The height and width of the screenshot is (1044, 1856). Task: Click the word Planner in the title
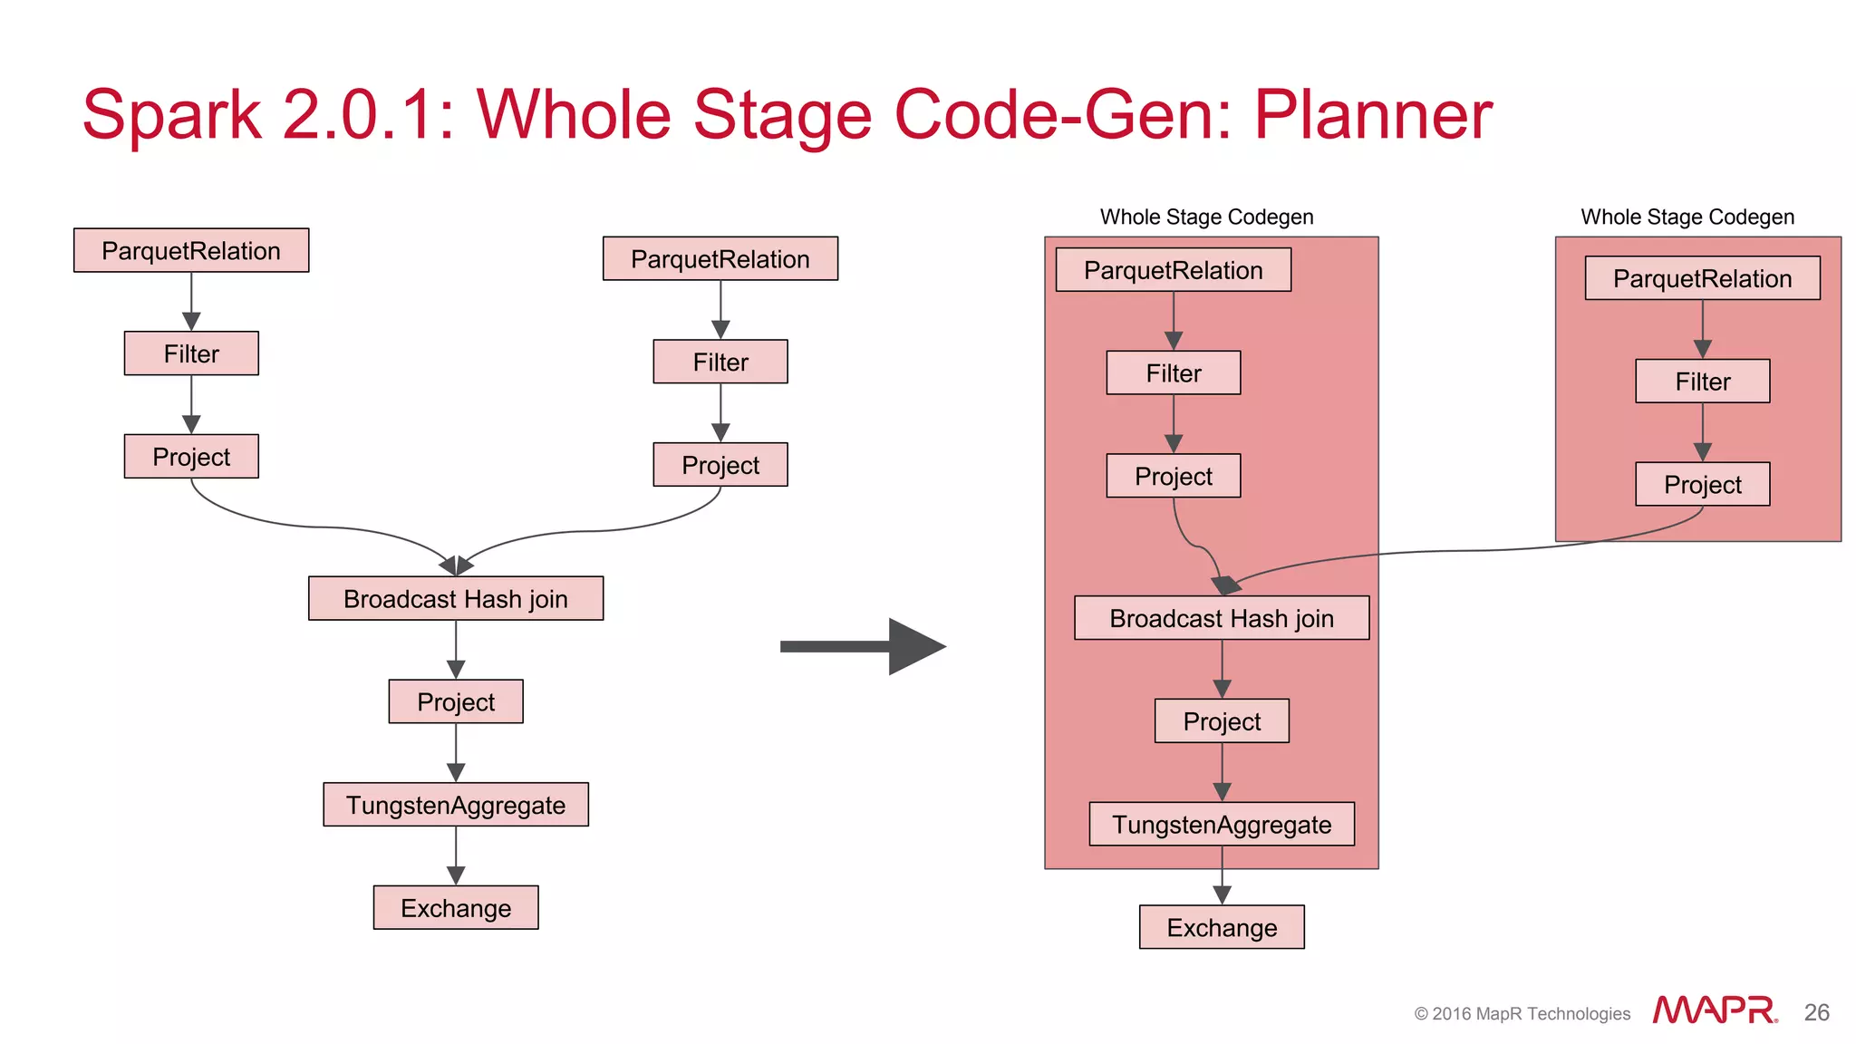pos(1372,115)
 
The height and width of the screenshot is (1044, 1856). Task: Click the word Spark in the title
pos(172,115)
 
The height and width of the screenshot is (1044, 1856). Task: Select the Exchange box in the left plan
pos(456,908)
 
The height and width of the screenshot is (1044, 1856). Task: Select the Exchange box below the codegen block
pos(1222,927)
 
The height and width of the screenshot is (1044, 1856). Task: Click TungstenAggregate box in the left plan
pos(456,805)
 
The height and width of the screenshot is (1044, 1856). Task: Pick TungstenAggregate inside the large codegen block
pos(1222,824)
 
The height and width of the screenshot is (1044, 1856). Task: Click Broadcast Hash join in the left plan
pos(456,599)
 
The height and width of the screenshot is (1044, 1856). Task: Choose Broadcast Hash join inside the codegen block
pos(1222,618)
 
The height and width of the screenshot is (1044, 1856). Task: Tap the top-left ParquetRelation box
pos(191,251)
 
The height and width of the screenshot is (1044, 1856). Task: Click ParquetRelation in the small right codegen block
pos(1702,278)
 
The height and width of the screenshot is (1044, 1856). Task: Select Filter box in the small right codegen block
pos(1702,382)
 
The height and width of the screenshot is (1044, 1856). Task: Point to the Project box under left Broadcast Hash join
pos(456,701)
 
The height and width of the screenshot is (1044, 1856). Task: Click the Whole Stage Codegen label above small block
pos(1687,217)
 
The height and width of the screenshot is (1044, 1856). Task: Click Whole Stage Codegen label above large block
pos(1206,217)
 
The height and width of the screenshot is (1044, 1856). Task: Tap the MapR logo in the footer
pos(1715,1010)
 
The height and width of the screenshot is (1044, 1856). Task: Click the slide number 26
pos(1816,1012)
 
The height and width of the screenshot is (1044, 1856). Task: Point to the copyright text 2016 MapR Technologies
pos(1522,1014)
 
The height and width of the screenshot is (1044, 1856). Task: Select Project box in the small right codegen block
pos(1702,485)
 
